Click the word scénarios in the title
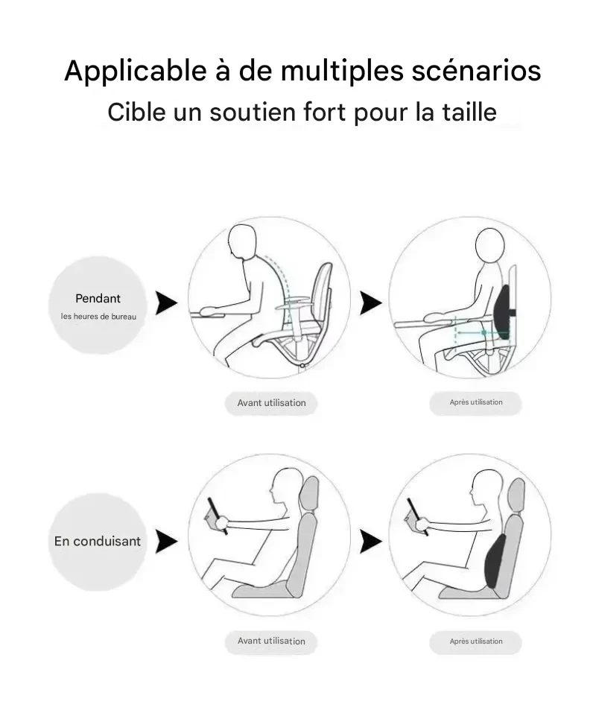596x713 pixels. [x=476, y=71]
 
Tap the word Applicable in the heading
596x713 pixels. [x=136, y=71]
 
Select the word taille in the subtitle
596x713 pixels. [x=469, y=112]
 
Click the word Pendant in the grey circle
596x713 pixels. [x=98, y=298]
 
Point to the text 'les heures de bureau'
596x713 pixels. [x=98, y=317]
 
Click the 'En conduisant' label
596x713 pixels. [x=98, y=541]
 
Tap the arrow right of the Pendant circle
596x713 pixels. [x=166, y=302]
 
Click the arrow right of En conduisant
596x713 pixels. [x=166, y=541]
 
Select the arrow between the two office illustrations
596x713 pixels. [x=371, y=302]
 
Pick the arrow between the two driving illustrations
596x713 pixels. [x=371, y=541]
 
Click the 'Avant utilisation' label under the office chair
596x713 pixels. [x=271, y=403]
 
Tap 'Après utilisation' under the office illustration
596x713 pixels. [x=476, y=402]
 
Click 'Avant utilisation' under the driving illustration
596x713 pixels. [x=271, y=641]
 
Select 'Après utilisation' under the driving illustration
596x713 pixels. [x=476, y=641]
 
